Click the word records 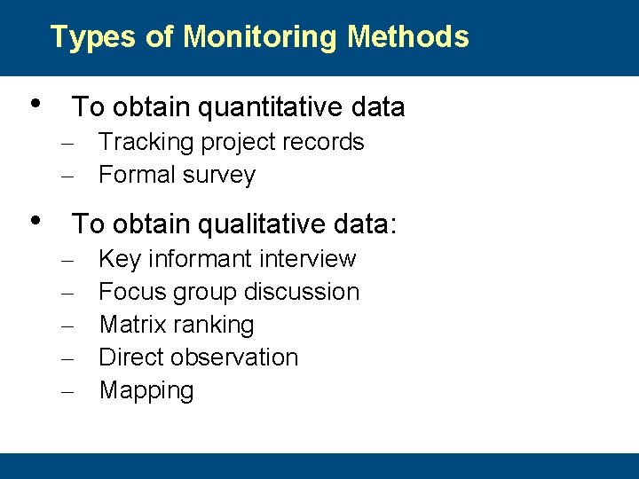[x=323, y=142]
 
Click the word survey [x=221, y=176]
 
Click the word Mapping [x=146, y=391]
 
